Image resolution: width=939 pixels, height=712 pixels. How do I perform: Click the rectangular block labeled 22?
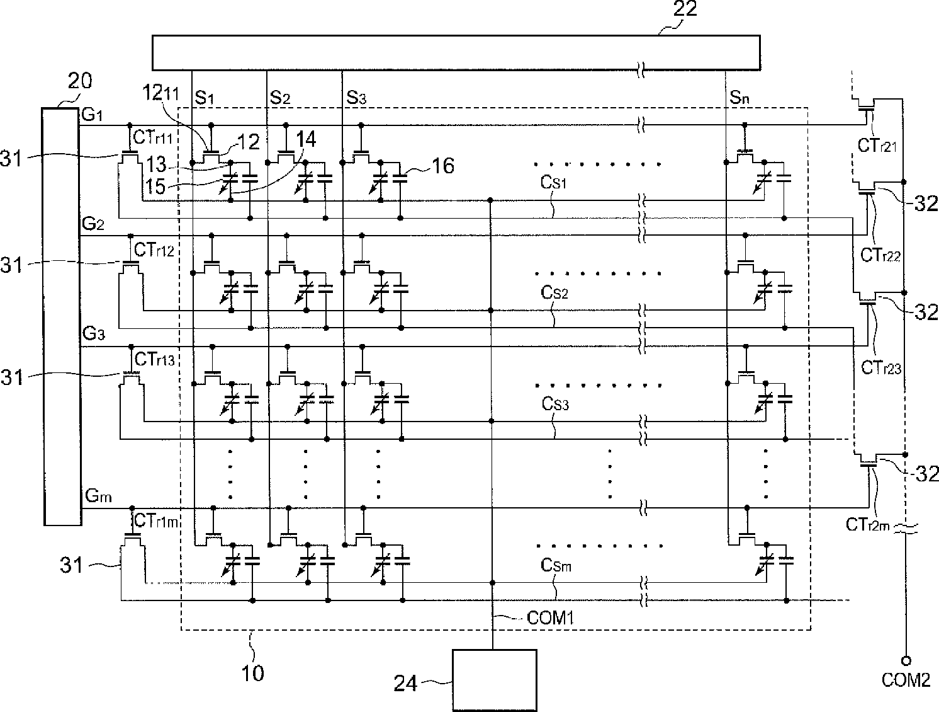(x=456, y=53)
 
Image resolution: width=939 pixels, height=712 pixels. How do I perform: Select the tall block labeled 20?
(x=62, y=316)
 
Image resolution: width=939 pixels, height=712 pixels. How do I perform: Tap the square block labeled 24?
(x=495, y=680)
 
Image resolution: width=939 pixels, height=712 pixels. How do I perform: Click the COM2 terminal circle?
(x=906, y=660)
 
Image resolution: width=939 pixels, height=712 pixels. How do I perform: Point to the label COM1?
(x=550, y=618)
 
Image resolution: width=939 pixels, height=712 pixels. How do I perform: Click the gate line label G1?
(x=92, y=115)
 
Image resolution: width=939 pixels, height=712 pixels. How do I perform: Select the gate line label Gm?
(x=98, y=495)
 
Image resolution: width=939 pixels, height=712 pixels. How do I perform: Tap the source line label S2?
(x=280, y=98)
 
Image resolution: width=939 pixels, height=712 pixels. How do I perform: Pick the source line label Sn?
(x=739, y=98)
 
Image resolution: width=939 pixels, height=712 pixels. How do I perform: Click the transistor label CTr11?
(x=153, y=137)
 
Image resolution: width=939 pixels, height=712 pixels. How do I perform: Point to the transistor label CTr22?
(x=880, y=255)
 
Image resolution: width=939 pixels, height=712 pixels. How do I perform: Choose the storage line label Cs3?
(x=555, y=404)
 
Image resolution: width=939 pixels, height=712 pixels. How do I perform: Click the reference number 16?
(x=443, y=166)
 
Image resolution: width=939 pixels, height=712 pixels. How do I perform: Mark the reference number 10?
(x=253, y=674)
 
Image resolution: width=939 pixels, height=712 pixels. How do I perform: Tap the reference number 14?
(x=306, y=139)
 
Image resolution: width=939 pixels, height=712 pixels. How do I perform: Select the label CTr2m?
(x=868, y=524)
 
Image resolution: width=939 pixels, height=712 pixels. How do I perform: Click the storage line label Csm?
(x=556, y=565)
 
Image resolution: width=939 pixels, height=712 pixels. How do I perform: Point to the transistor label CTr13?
(x=154, y=359)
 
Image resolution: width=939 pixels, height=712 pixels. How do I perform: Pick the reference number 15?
(x=155, y=187)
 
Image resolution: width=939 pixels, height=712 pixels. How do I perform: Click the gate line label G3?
(x=94, y=333)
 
